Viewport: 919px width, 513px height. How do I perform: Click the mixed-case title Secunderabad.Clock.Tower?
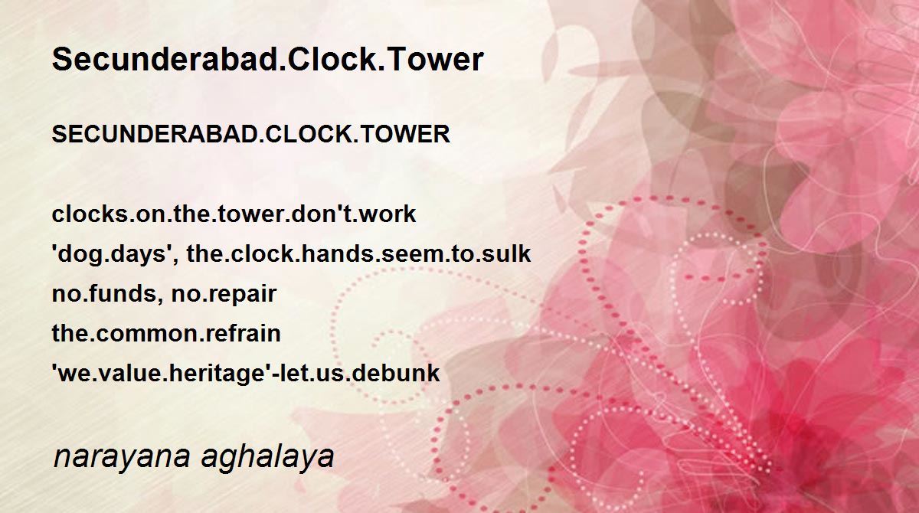pos(267,60)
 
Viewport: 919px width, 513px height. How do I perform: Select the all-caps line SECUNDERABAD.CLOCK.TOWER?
pos(250,134)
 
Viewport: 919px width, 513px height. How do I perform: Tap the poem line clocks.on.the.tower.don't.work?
pos(234,214)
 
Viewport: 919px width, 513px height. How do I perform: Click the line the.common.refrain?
pos(166,333)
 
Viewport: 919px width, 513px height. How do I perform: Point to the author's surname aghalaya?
pos(267,456)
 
